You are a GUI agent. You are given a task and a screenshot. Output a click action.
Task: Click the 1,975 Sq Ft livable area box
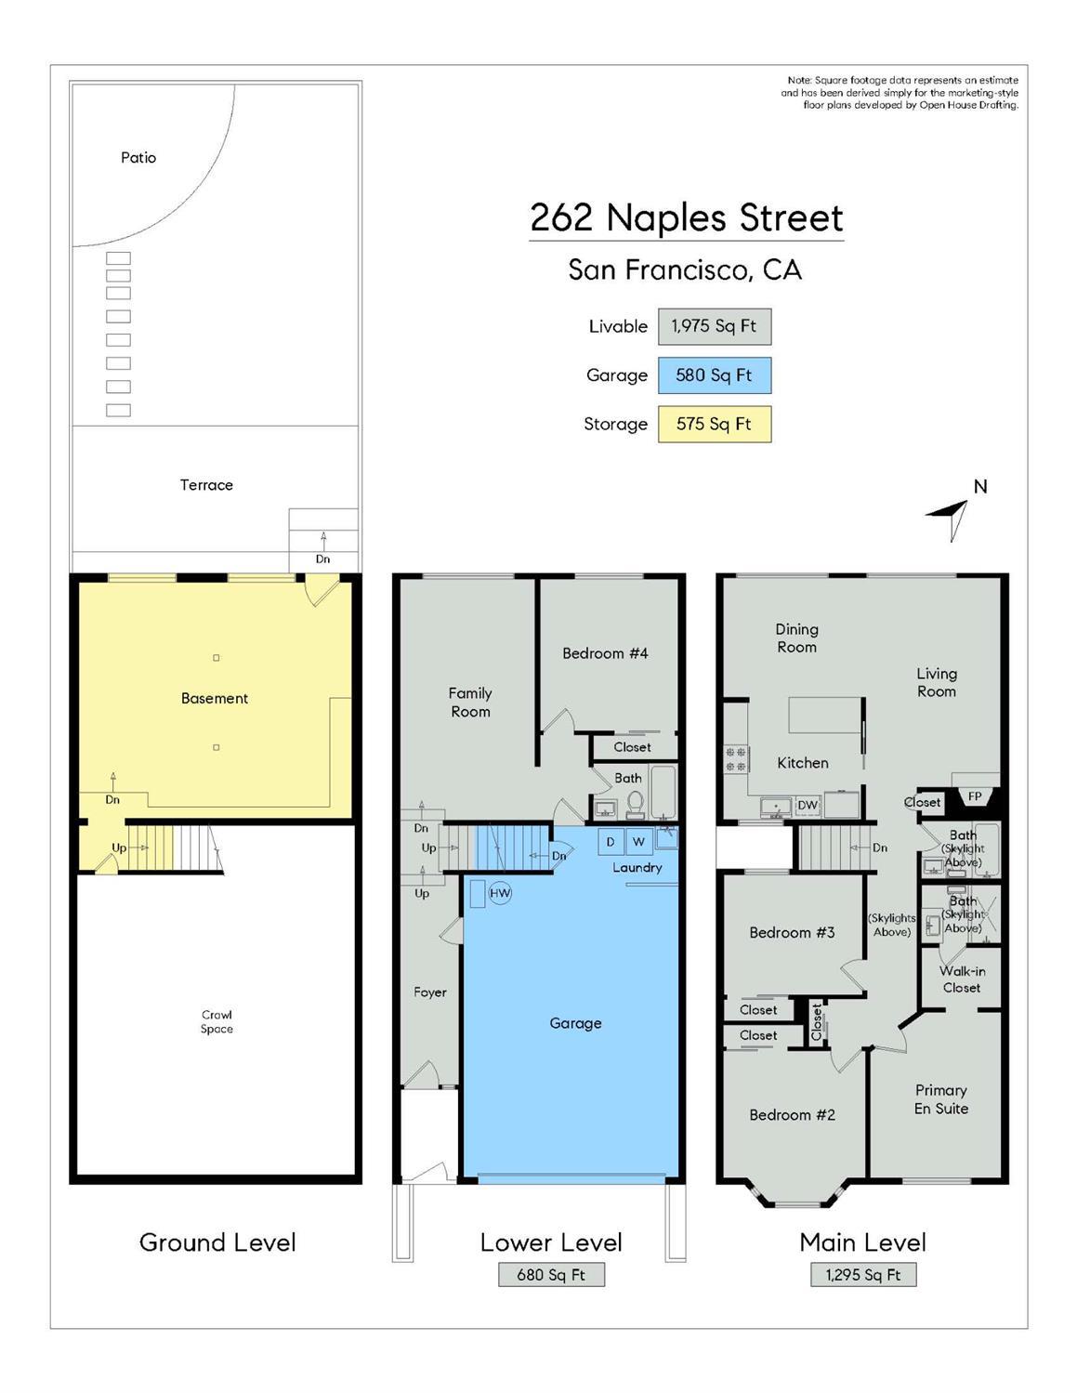coord(714,326)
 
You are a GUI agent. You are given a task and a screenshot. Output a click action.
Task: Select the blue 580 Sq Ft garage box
coord(714,375)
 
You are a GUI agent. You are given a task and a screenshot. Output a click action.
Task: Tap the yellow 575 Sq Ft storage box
coord(714,424)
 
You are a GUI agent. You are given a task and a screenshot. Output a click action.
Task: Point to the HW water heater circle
coord(500,893)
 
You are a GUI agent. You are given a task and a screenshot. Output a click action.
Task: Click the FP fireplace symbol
coord(975,796)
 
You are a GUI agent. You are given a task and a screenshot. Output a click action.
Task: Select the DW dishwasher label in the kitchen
coord(808,805)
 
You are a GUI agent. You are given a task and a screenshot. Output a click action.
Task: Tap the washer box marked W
coord(638,841)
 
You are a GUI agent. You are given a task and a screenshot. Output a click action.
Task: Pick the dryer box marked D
coord(611,841)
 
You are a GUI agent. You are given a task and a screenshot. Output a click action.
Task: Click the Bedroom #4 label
coord(605,653)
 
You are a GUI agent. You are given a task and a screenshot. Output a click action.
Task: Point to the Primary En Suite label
coord(940,1099)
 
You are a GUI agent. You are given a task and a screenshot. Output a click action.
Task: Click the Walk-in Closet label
coord(962,979)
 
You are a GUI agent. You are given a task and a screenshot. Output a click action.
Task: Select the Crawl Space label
coord(217,1021)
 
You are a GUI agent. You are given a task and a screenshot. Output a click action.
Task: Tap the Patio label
coord(138,158)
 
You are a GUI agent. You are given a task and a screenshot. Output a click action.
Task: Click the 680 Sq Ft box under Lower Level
coord(551,1275)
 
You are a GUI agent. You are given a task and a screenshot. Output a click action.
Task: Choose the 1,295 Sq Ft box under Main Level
coord(862,1275)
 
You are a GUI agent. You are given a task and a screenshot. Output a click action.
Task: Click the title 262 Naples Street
coord(686,218)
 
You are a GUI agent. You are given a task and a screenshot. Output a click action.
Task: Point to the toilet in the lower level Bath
coord(636,801)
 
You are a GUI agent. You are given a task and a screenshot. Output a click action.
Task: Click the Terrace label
coord(206,485)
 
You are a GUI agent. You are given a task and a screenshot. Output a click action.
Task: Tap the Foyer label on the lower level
coord(430,992)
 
